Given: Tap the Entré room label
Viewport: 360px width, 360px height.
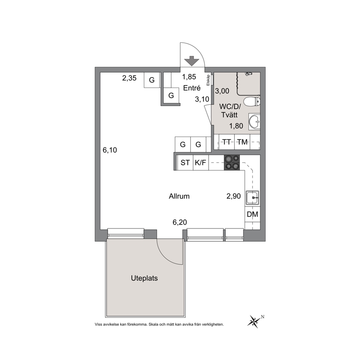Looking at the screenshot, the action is [192, 88].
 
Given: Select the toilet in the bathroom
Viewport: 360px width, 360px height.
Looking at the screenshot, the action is [252, 102].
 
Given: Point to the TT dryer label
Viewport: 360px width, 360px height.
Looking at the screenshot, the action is [226, 142].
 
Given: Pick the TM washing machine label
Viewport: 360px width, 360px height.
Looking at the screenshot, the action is [242, 142].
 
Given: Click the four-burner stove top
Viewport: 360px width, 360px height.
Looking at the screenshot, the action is [232, 163].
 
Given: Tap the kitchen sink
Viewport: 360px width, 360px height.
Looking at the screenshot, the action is [252, 197].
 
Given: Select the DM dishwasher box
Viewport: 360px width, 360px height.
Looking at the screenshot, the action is [252, 214].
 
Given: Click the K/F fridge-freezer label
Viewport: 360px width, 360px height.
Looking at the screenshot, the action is [200, 163].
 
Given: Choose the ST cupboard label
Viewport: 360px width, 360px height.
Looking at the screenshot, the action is [185, 163].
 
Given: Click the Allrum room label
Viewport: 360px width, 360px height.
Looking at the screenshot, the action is [179, 196].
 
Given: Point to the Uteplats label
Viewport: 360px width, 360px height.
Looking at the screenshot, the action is [144, 278].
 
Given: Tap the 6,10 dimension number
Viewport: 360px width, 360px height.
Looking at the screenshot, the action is [110, 150].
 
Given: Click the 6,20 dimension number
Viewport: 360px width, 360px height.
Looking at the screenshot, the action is [180, 222].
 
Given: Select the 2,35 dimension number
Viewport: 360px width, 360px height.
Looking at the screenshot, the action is [129, 78].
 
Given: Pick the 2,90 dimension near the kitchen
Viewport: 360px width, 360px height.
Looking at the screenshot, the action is [233, 196].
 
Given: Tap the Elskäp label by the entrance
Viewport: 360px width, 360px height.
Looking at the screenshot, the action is [208, 80].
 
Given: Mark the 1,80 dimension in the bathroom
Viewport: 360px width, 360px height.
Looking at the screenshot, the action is [236, 126].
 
